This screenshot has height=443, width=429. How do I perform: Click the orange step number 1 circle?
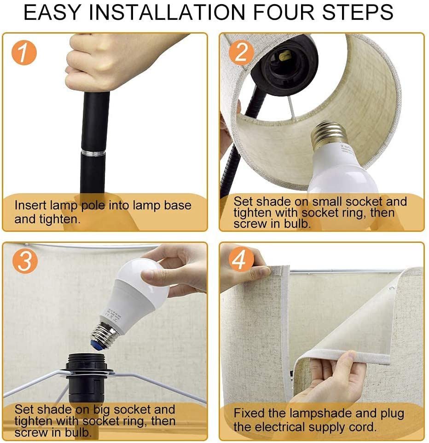click(x=24, y=53)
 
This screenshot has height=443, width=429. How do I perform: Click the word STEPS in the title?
click(x=358, y=12)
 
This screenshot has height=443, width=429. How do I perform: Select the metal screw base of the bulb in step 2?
click(x=328, y=136)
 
